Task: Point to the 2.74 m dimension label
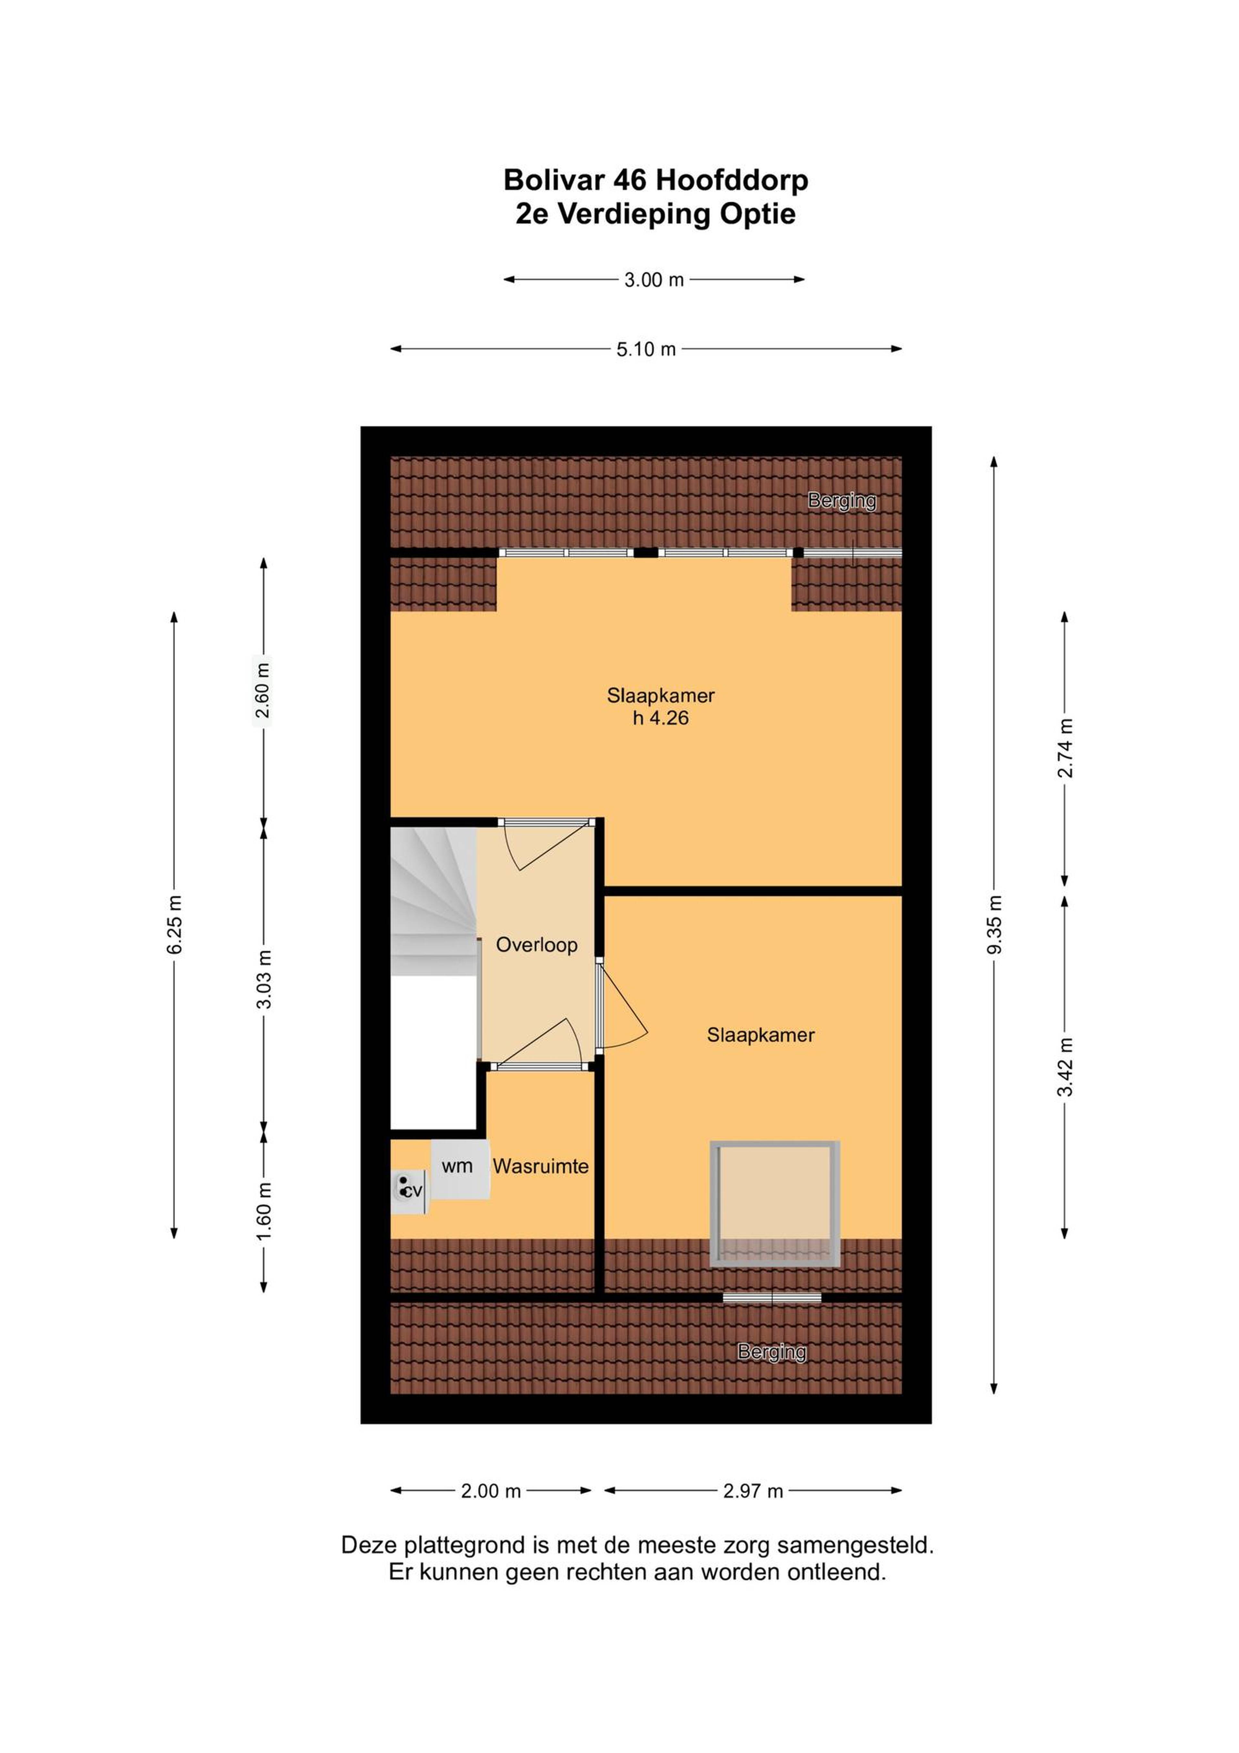(1064, 748)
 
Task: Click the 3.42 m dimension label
(1064, 1066)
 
